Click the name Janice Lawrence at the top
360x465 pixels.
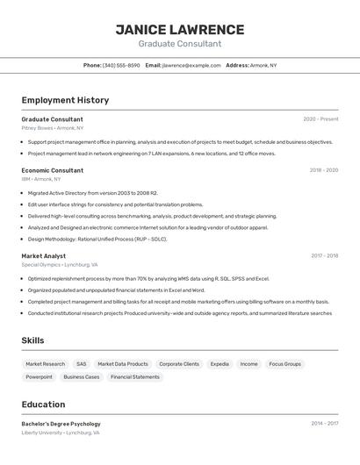tap(179, 29)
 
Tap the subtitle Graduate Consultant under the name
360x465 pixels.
tap(179, 44)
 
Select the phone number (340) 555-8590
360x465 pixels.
tap(121, 65)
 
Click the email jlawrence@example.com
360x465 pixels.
tap(191, 65)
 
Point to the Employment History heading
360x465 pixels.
tap(65, 100)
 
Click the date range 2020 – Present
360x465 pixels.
tap(320, 119)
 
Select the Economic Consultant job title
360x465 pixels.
tap(53, 170)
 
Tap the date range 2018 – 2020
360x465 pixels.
tap(323, 170)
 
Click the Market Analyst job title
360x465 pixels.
tap(44, 256)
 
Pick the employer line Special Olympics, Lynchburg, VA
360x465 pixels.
tap(60, 264)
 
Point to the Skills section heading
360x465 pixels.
tap(33, 340)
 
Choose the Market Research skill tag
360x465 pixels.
tap(46, 363)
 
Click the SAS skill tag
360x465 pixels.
tap(82, 363)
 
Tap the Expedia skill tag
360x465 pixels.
tap(220, 363)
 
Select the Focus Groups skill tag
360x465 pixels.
tap(284, 363)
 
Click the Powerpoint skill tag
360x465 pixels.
tap(40, 376)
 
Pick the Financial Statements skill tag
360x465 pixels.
tap(134, 376)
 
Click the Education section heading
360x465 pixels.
tap(44, 404)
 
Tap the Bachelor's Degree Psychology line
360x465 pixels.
tap(61, 424)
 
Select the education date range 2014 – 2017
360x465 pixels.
tap(324, 424)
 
